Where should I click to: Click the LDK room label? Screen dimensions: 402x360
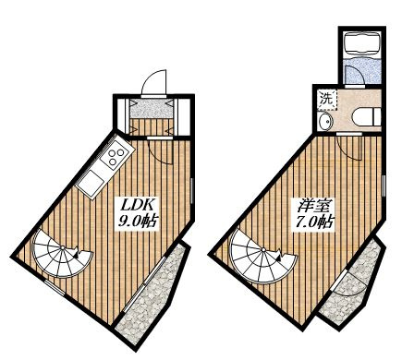click(136, 205)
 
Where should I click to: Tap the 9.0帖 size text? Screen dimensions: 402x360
click(138, 222)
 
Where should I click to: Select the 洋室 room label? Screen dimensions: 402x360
click(313, 206)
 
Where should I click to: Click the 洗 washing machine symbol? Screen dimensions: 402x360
click(327, 99)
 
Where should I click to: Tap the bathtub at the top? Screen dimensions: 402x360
click(363, 44)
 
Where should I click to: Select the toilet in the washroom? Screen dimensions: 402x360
click(367, 117)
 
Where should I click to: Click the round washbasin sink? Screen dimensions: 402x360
click(326, 122)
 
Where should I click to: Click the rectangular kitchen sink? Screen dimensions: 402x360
click(91, 183)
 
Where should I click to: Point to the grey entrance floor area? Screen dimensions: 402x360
click(152, 108)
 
